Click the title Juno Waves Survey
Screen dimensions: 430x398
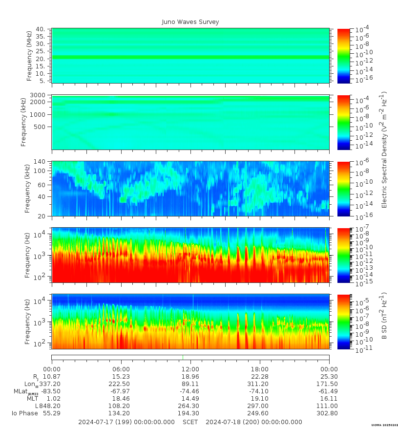[x=190, y=22]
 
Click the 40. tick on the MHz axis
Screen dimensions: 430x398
[x=41, y=30]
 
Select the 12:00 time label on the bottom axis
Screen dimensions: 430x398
[x=190, y=369]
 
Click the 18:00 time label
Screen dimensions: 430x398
[x=260, y=369]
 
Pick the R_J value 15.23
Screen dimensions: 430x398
[x=121, y=377]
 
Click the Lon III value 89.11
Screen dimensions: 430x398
[x=190, y=384]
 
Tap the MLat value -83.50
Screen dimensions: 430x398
[x=51, y=391]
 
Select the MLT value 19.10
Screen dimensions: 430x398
[x=260, y=399]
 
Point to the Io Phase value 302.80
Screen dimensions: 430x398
[x=329, y=413]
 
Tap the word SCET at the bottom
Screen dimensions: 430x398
[x=190, y=422]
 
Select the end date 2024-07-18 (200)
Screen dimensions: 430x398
[x=254, y=422]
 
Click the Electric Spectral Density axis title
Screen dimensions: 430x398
[x=384, y=149]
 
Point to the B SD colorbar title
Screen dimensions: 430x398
[x=384, y=316]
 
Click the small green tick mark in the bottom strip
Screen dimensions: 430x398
[x=183, y=357]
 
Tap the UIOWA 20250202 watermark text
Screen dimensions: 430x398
[x=384, y=426]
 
